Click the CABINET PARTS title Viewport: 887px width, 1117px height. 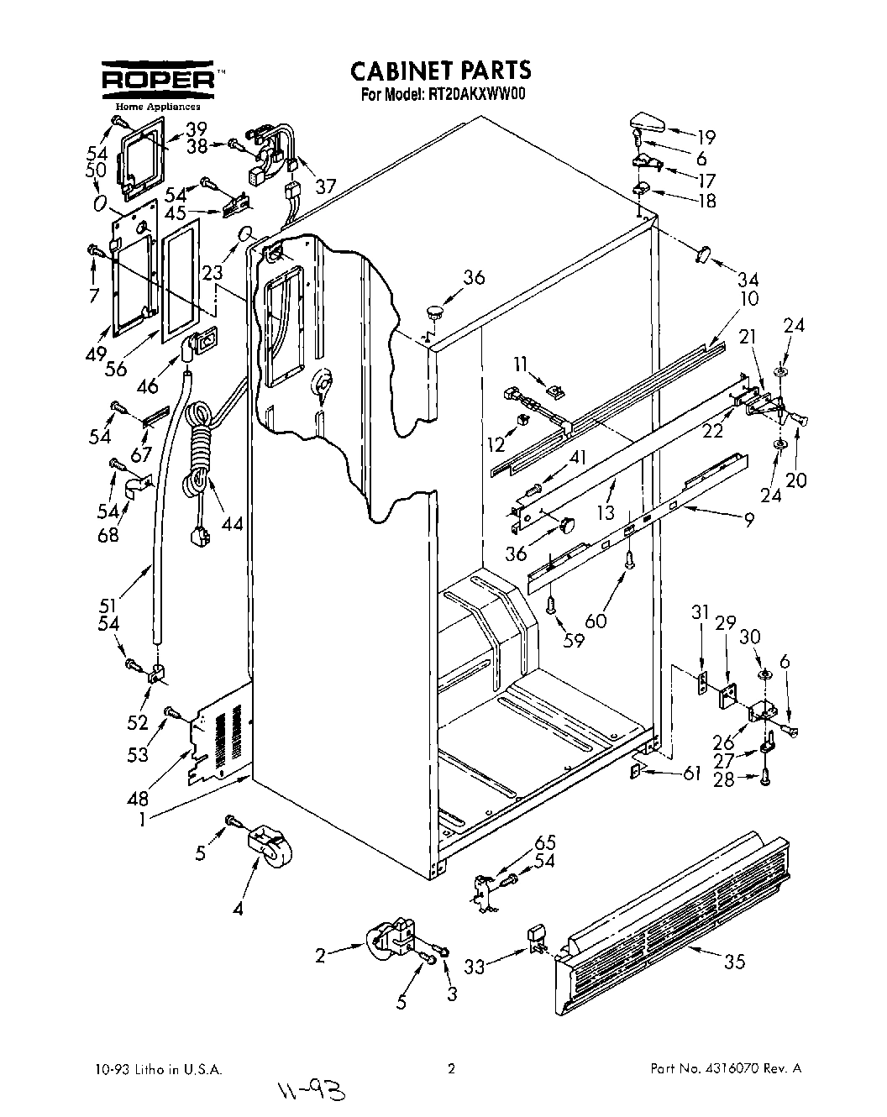[x=440, y=69]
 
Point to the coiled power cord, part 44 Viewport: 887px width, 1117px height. [x=200, y=449]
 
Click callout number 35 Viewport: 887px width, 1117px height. [x=734, y=962]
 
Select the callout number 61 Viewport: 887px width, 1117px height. [x=690, y=774]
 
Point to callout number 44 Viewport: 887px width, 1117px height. [x=231, y=523]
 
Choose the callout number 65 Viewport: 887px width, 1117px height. [x=545, y=842]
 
